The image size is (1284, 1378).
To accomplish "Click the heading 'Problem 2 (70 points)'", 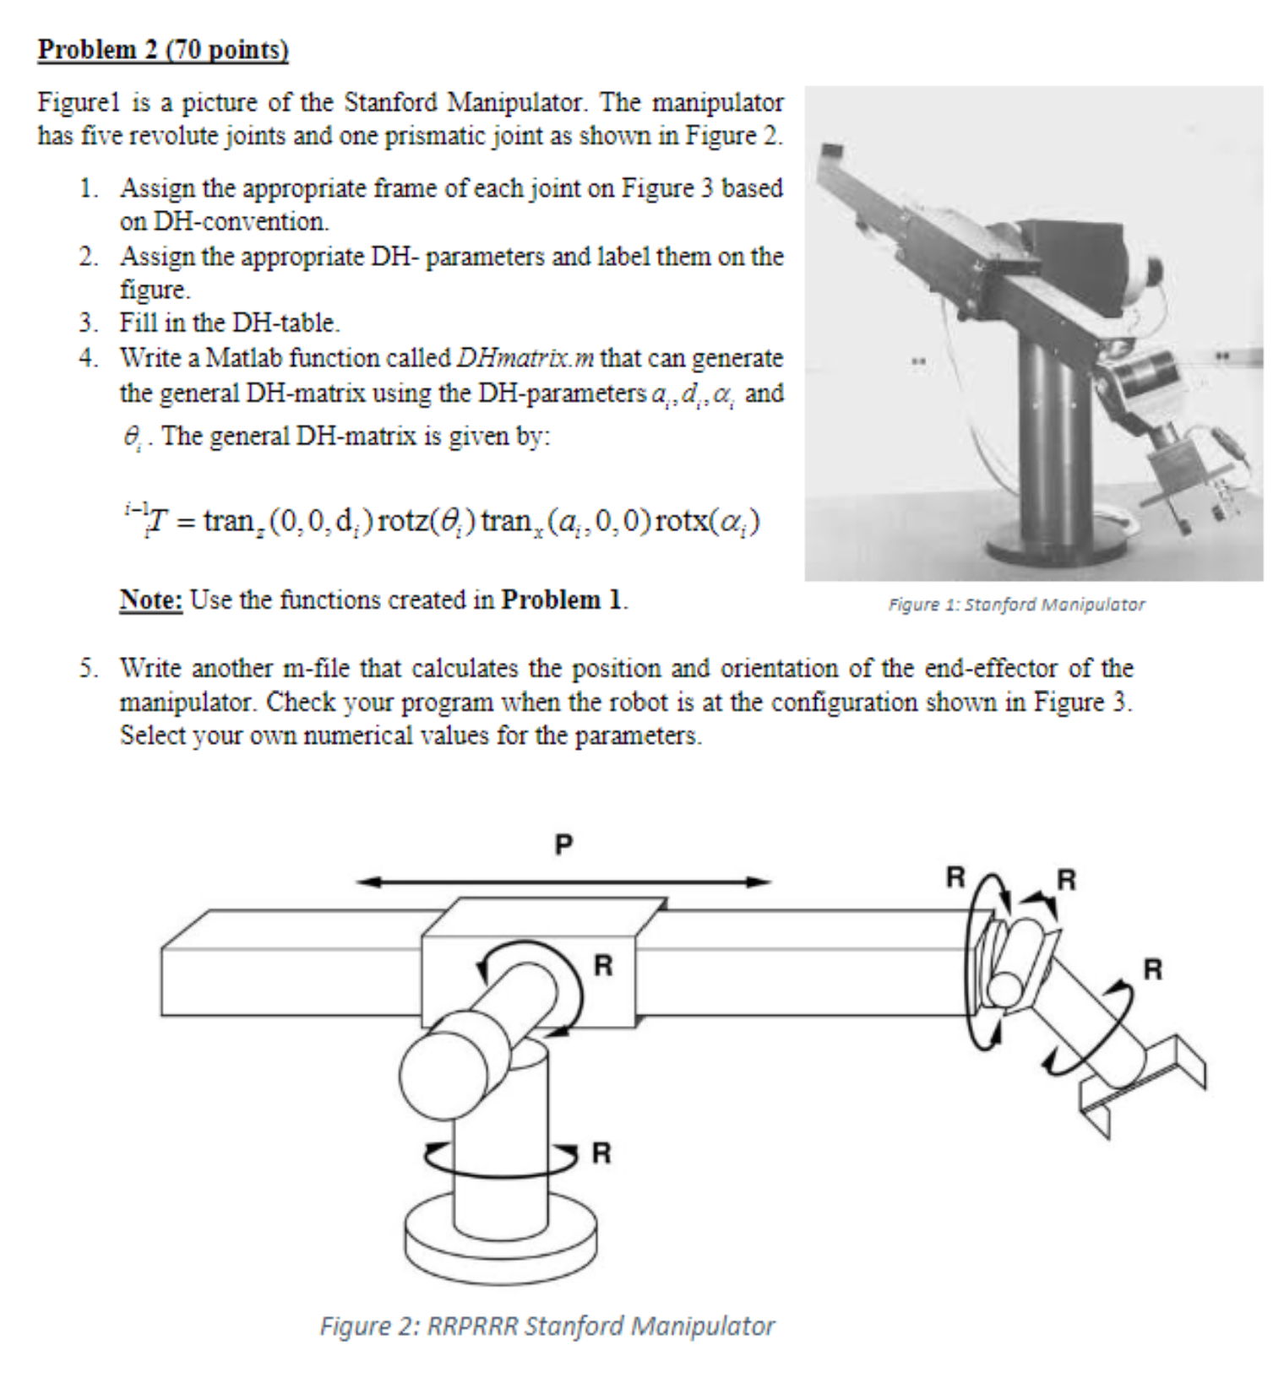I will coord(163,49).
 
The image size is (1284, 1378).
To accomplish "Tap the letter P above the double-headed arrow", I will coord(563,844).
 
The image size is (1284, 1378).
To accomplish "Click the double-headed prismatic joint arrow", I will coord(563,882).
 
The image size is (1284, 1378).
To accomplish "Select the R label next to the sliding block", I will coord(603,965).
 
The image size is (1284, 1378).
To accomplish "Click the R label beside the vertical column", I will coord(601,1153).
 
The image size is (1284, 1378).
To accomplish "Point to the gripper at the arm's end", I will coord(1149,1081).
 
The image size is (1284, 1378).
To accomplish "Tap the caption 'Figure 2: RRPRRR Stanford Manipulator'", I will coord(547,1326).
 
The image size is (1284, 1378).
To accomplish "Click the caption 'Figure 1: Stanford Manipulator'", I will coord(1016,605).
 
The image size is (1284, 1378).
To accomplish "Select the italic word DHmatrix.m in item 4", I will coord(525,358).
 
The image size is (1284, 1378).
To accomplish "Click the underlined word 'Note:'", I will coord(150,599).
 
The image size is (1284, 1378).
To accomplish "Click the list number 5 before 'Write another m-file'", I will coord(88,669).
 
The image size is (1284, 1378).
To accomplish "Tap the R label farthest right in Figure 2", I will coord(1153,968).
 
